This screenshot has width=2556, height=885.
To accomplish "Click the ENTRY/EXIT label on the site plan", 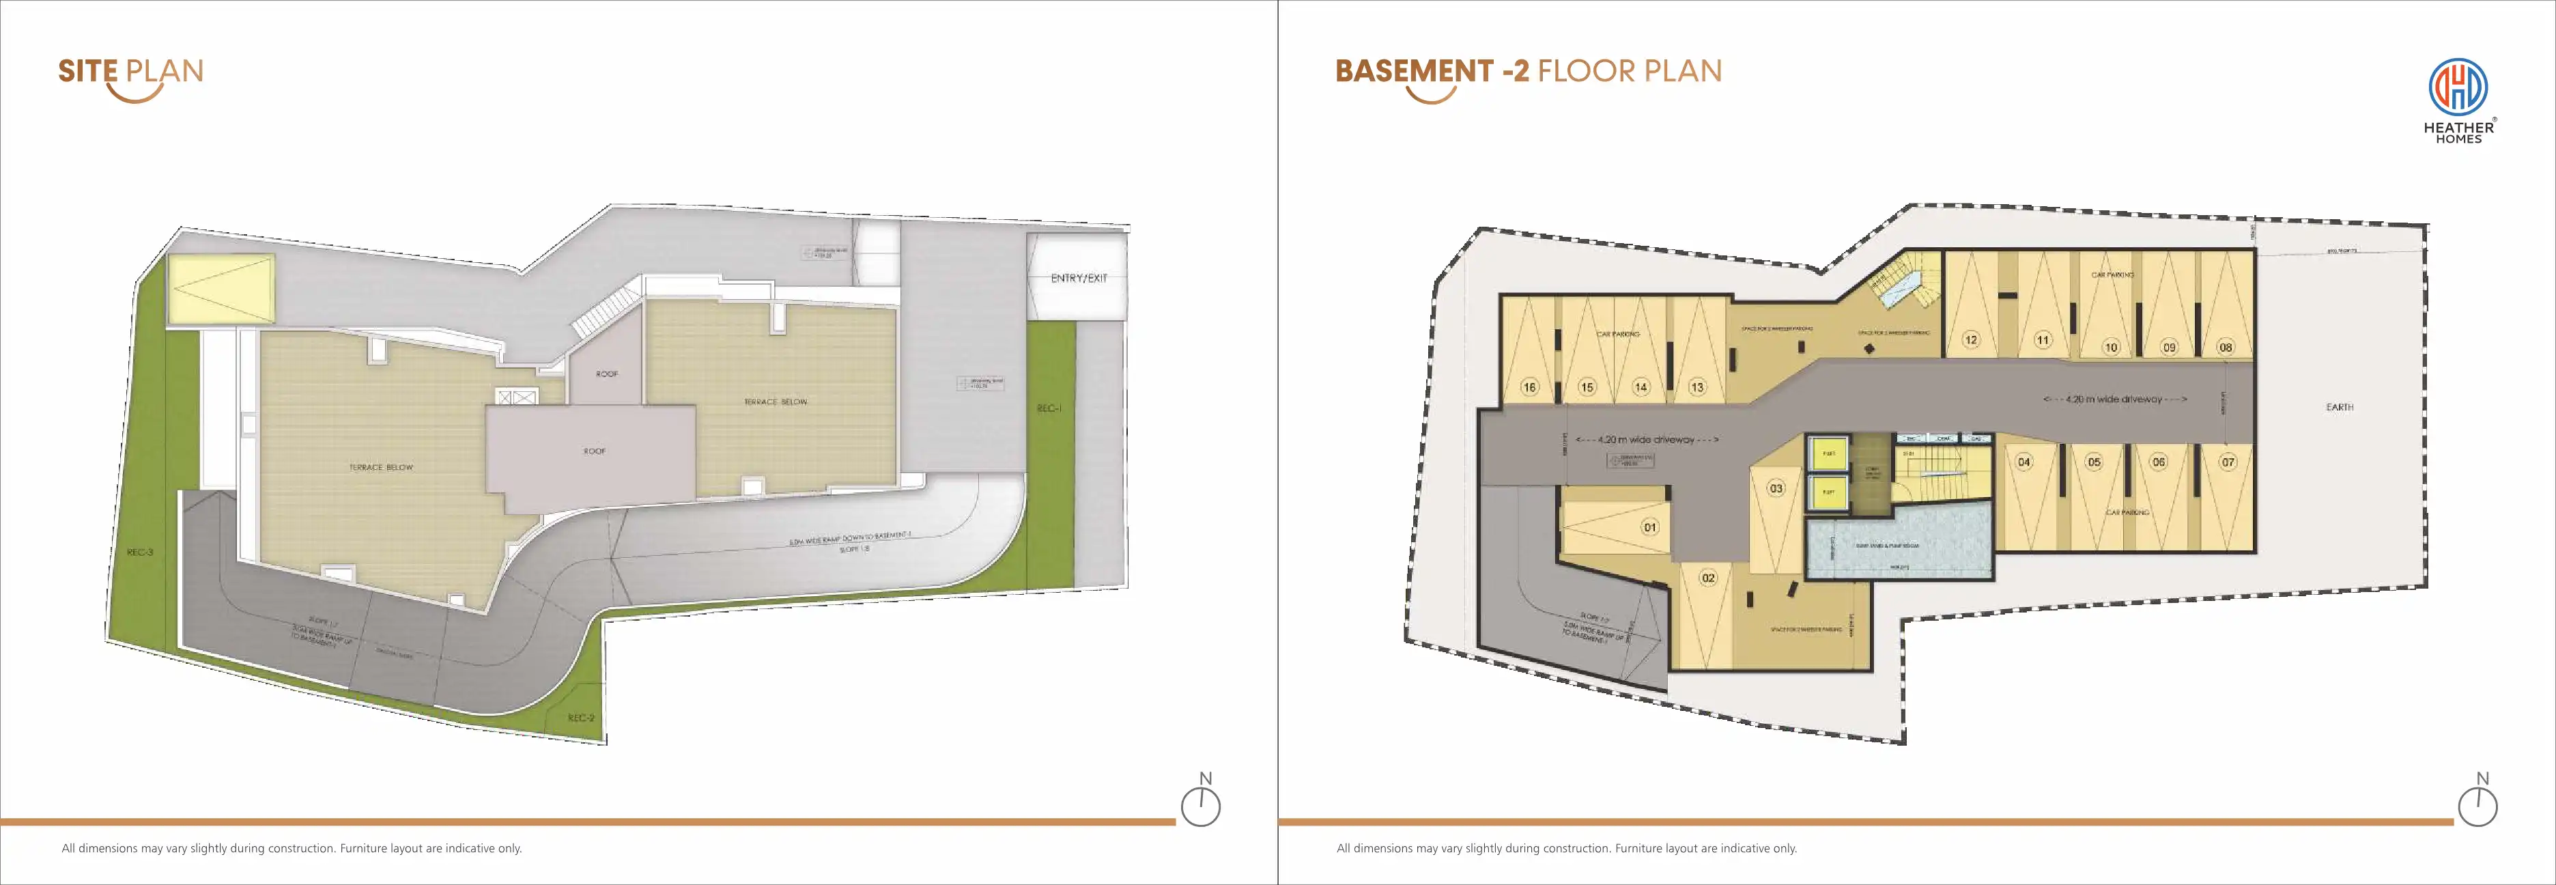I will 1079,279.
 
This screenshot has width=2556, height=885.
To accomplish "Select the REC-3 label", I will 140,552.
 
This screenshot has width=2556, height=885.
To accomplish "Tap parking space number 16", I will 1529,388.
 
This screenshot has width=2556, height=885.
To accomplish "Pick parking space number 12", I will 1970,340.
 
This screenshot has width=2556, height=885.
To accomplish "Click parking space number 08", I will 2226,348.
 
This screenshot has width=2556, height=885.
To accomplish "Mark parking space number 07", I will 2228,462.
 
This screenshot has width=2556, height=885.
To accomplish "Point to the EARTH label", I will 2340,408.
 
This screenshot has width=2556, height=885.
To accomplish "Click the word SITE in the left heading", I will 87,72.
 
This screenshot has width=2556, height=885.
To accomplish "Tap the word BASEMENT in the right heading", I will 1414,72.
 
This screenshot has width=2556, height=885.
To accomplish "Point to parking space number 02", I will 1707,578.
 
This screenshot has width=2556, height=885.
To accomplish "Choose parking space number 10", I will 2110,348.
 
